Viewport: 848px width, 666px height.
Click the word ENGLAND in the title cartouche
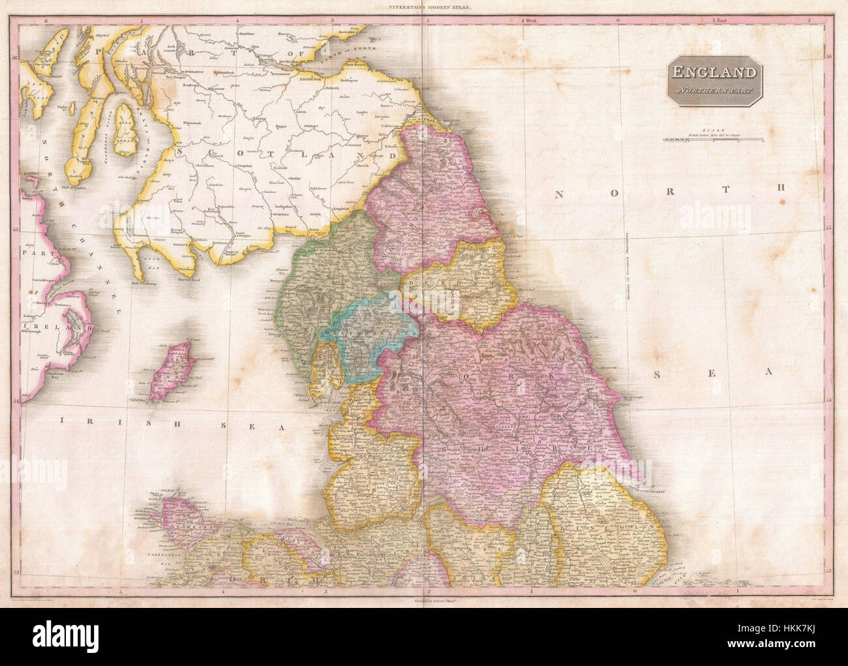[714, 73]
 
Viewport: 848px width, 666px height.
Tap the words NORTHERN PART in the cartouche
[714, 89]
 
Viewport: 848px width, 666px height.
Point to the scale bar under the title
[714, 139]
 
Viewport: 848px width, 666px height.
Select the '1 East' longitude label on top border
[720, 21]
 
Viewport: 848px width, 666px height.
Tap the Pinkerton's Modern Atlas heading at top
[424, 8]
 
